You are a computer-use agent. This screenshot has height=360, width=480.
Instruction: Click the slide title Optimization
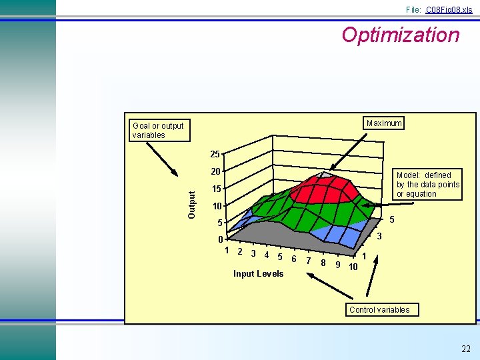coord(400,35)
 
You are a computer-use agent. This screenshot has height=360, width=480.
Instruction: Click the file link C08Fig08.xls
coord(449,9)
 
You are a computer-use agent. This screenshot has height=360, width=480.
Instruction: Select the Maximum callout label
coord(384,123)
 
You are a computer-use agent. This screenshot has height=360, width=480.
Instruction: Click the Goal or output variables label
coord(158,130)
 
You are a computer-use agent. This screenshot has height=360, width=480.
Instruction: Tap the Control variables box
coord(379,309)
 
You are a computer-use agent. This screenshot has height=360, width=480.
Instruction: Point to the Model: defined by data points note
coord(427,185)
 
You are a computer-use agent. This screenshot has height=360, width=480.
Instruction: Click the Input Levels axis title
coord(258,273)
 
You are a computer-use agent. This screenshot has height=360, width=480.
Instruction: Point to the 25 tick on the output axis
coord(215,155)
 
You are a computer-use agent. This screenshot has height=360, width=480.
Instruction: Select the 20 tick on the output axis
coord(215,172)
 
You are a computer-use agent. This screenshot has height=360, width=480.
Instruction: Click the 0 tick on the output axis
coord(220,239)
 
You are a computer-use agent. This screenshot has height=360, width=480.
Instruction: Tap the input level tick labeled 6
coord(294,258)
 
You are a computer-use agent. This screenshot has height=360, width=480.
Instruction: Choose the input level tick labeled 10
coord(353,267)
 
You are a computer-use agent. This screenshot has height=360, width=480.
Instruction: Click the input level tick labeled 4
coord(267,255)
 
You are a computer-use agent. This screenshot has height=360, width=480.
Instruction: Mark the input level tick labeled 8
coord(323,263)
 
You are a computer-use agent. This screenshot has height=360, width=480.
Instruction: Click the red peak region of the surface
coord(325,187)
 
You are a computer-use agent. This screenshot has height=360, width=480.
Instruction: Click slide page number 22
coord(465,349)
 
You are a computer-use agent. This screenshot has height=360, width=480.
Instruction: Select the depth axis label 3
coord(379,237)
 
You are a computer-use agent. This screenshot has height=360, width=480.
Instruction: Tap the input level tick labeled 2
coord(239,251)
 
